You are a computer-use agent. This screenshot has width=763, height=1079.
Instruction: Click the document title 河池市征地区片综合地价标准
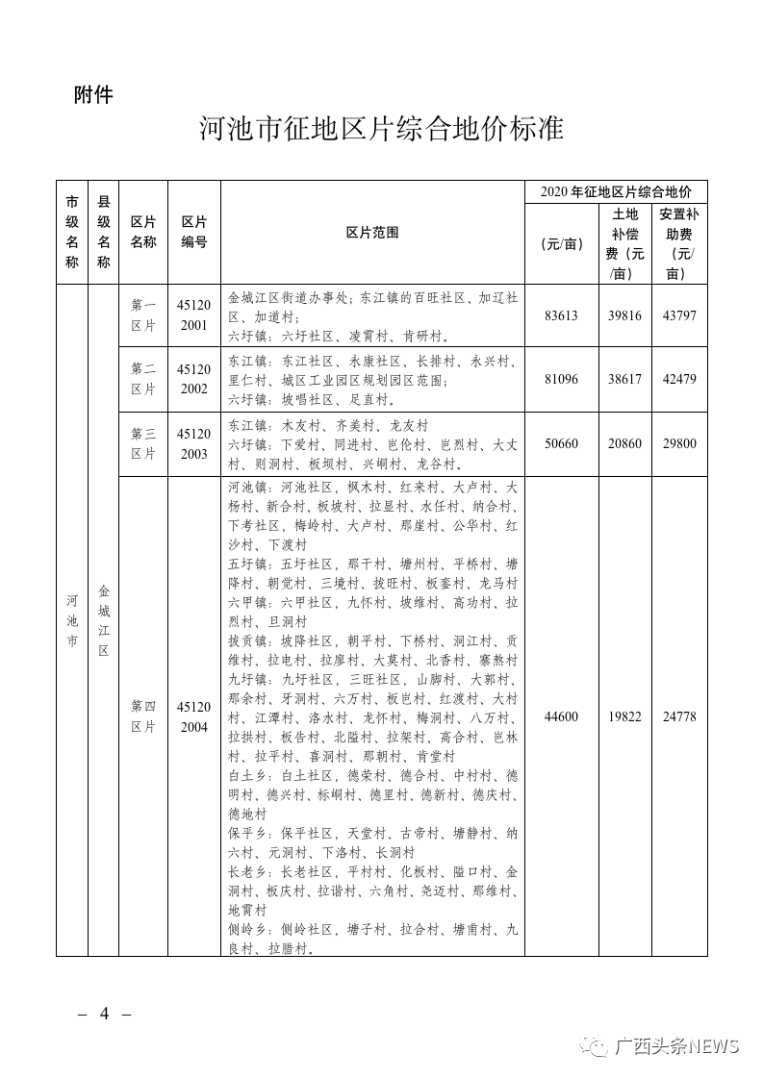coord(381,129)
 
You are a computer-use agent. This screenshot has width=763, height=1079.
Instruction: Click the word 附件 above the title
coord(93,94)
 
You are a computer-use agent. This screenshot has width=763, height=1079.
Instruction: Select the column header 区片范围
coord(372,233)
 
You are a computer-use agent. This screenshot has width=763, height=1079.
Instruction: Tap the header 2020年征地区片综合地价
coord(616,192)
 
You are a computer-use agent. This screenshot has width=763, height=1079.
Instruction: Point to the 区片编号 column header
coord(194,233)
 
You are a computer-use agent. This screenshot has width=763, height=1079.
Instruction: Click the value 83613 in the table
coord(561,315)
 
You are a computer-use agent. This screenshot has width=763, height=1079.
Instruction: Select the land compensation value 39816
coord(624,315)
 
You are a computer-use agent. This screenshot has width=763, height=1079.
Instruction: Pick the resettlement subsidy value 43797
coord(679,315)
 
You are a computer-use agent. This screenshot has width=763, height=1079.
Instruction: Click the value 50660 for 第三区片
coord(561,443)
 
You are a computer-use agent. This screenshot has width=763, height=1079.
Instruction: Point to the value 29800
coord(679,443)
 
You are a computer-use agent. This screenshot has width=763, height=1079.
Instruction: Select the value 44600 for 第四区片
coord(561,716)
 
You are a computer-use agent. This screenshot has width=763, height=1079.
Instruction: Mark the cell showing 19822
coord(624,716)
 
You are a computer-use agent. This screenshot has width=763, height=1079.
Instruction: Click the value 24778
coord(679,716)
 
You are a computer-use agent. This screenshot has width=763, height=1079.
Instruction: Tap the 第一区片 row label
coord(143,315)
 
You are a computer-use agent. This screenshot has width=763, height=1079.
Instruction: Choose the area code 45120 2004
coord(193,716)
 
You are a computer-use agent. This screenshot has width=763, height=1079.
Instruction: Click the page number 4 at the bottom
coord(104,1015)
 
